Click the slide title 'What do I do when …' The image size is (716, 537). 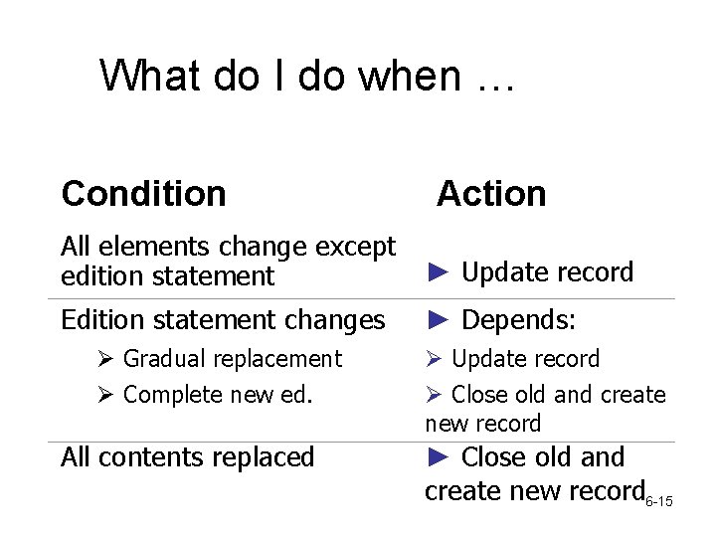point(307,76)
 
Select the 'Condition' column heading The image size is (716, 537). point(143,193)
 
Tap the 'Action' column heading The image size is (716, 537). point(491,193)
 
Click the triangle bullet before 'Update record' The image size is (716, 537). point(440,272)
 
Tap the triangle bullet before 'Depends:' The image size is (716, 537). point(440,320)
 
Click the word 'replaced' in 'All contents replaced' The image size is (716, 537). point(266,457)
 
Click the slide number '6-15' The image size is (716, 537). point(659,500)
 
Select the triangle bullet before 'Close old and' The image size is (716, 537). point(440,457)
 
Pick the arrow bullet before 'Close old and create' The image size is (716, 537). point(435,395)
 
